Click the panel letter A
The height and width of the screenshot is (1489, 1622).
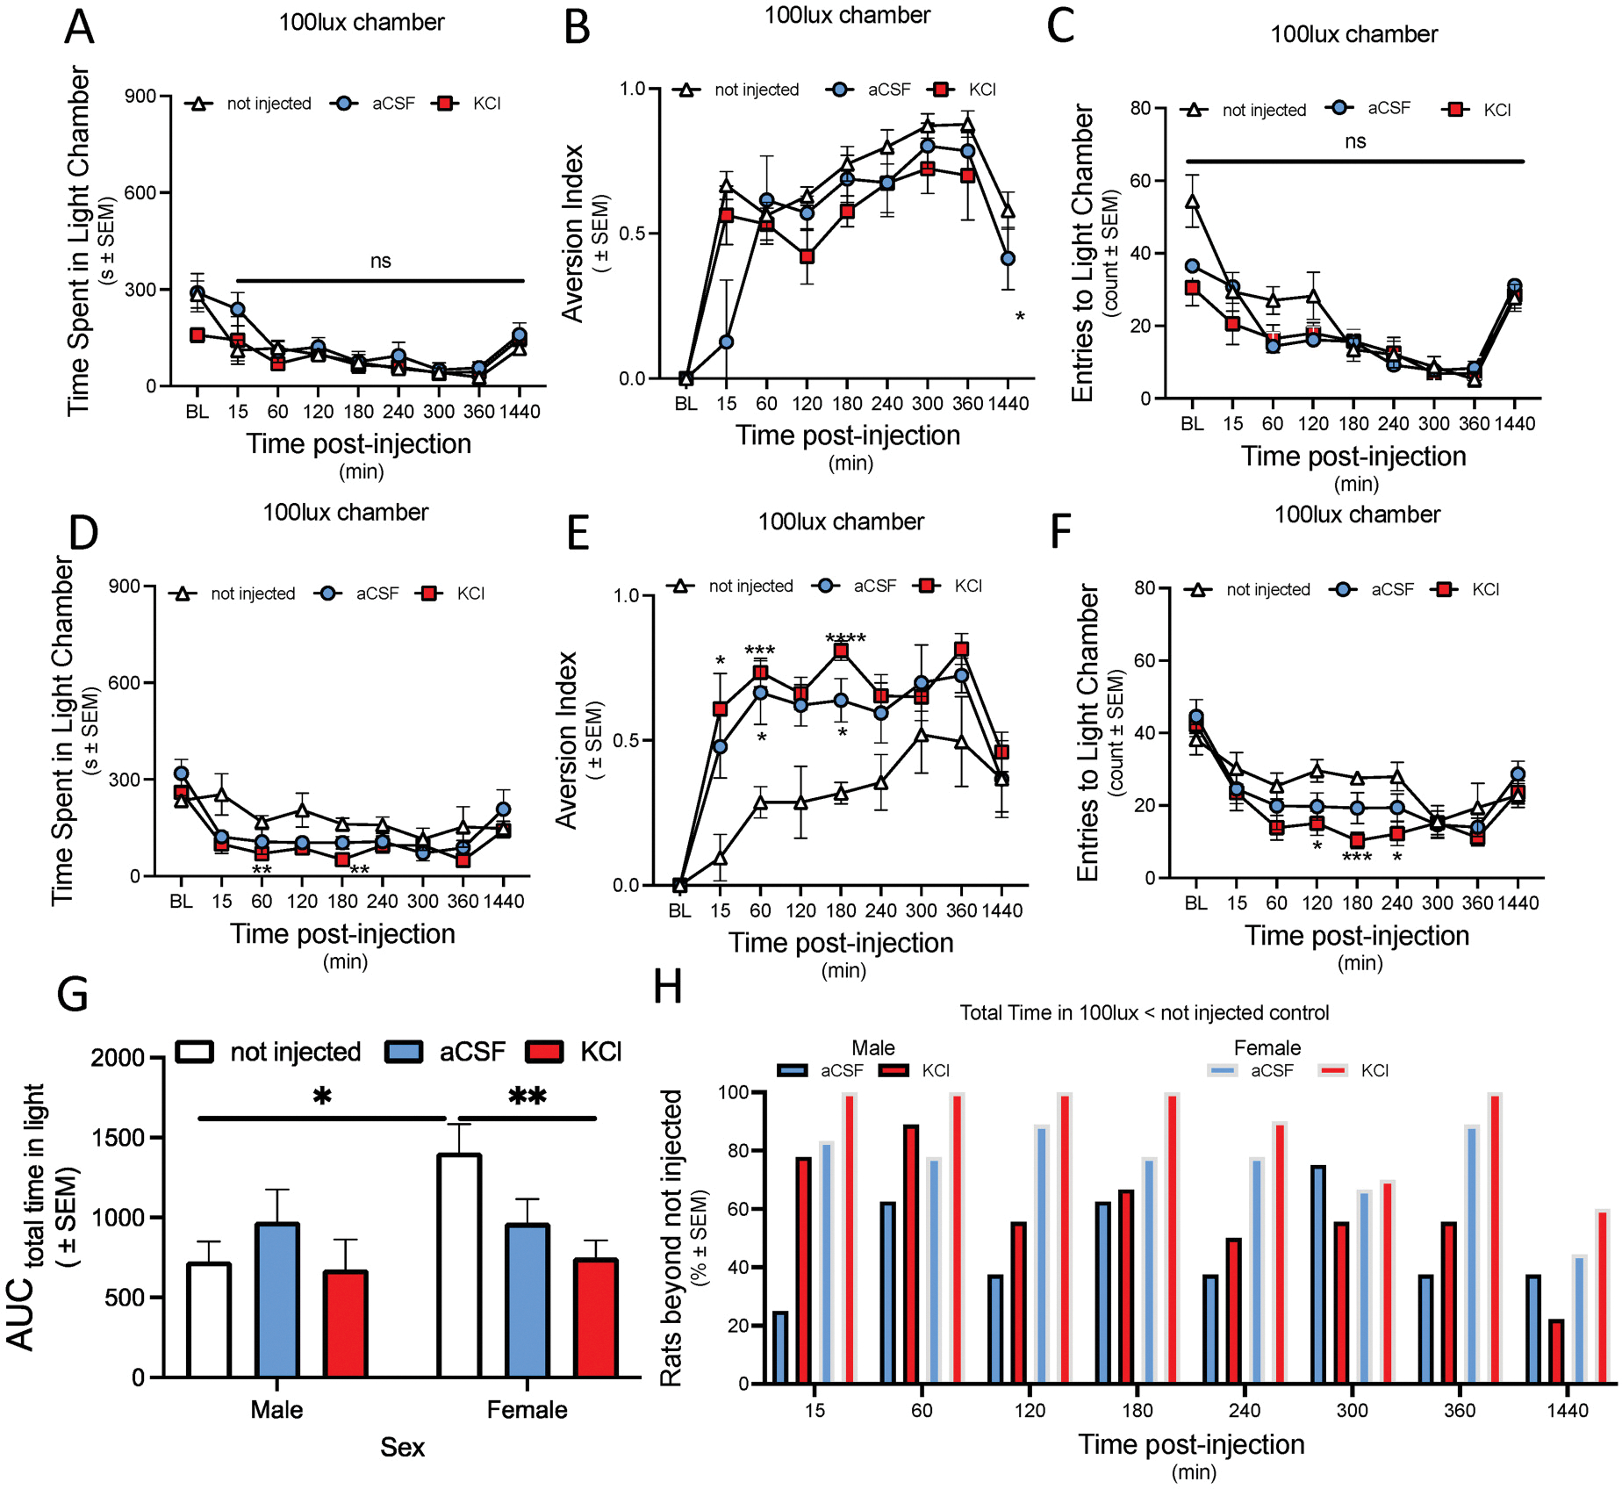coord(80,27)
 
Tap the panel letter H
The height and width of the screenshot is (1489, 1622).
coord(668,987)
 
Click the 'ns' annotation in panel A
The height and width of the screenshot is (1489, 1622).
coord(380,261)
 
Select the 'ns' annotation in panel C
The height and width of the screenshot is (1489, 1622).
coord(1355,141)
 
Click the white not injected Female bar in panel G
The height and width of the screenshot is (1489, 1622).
coord(459,1266)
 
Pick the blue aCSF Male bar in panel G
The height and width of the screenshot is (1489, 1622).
coord(277,1300)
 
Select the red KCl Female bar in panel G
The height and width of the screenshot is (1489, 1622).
coord(596,1318)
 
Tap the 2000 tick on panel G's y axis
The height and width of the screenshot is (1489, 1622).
coord(118,1058)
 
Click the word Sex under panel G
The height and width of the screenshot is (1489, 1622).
coord(402,1447)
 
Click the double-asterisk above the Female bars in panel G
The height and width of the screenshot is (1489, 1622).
coord(528,1097)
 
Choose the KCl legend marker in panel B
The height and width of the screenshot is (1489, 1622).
coord(942,90)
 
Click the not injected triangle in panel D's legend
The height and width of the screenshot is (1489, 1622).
coord(183,593)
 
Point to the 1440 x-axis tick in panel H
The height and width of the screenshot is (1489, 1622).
coord(1568,1410)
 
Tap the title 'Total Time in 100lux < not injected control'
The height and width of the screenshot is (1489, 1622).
coord(1144,1013)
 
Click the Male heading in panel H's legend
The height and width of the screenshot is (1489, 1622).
coord(872,1048)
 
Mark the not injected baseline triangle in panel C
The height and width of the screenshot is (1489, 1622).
coord(1192,202)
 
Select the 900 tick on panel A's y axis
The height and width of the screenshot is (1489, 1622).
coord(140,96)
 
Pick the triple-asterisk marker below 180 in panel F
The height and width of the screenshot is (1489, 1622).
coord(1357,857)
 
